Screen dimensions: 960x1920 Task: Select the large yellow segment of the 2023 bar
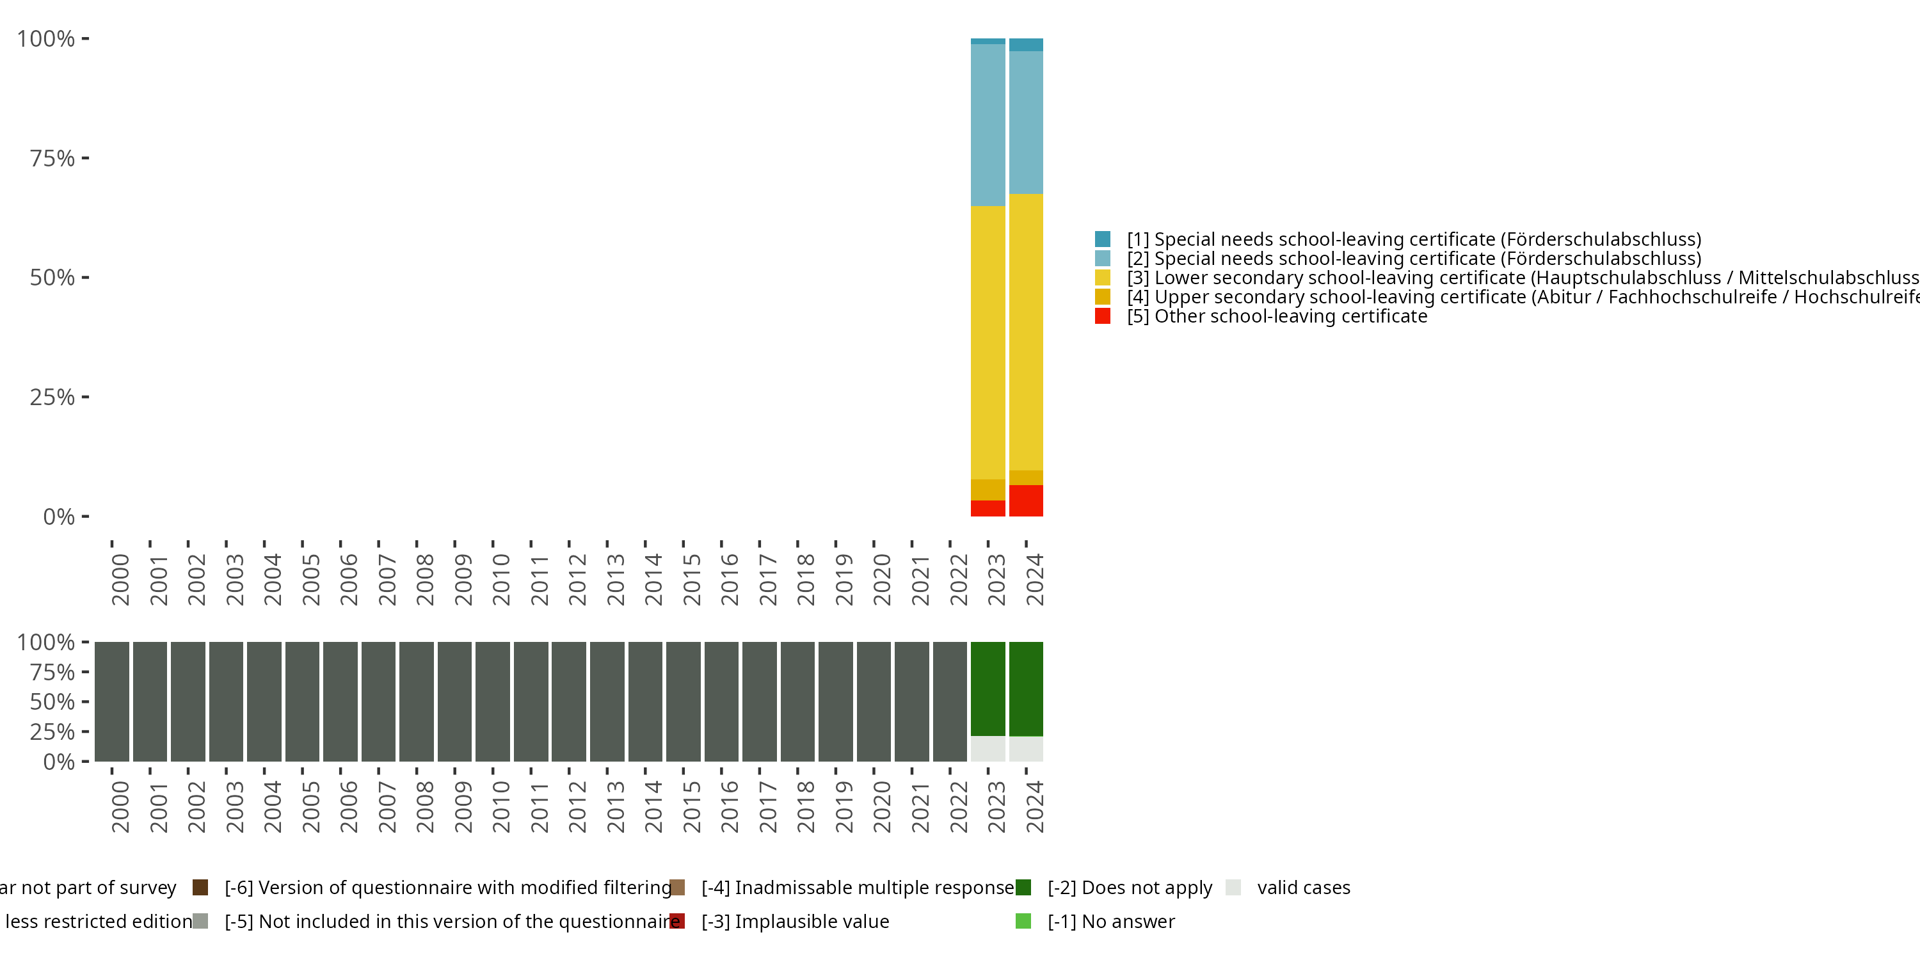(988, 342)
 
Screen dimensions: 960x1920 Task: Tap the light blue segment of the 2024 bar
(1025, 122)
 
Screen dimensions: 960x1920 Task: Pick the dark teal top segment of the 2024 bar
(1025, 45)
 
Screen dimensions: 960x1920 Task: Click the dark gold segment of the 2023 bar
(988, 490)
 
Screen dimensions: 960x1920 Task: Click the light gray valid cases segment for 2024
(1025, 749)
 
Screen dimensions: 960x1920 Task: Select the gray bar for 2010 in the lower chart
(493, 701)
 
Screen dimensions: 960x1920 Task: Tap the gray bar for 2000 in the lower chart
(112, 701)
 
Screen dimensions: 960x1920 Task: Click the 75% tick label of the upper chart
(52, 158)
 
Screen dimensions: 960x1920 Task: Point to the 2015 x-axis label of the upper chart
(692, 580)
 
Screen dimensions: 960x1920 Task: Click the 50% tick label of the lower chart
(52, 701)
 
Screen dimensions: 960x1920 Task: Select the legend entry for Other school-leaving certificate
(1277, 316)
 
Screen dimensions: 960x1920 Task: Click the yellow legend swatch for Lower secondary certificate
(1102, 277)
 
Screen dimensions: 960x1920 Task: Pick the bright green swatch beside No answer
(1023, 921)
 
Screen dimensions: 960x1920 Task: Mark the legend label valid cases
(1303, 887)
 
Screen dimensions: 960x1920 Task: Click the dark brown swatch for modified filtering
(200, 887)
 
